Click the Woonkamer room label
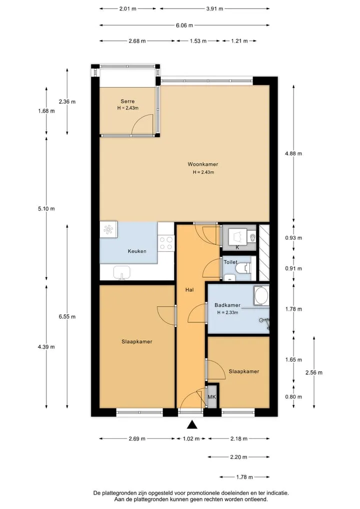[x=203, y=164]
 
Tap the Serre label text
[x=127, y=101]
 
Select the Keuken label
[x=137, y=251]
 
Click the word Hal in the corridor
[x=189, y=290]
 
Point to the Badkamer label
[x=227, y=305]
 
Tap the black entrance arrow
[x=192, y=424]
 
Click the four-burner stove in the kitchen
[x=165, y=243]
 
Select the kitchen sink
[x=121, y=272]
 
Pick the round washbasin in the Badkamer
[x=261, y=296]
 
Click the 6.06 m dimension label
[x=184, y=25]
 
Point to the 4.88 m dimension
[x=293, y=153]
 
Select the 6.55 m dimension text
[x=67, y=316]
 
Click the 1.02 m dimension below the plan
[x=191, y=438]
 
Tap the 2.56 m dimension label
[x=314, y=372]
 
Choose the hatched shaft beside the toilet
[x=264, y=253]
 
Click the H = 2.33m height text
[x=227, y=313]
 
